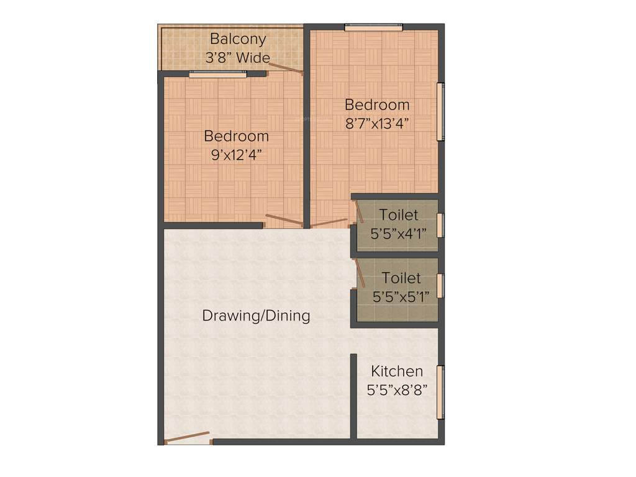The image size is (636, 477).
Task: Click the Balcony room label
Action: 238,39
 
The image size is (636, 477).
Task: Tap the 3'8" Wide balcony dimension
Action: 238,58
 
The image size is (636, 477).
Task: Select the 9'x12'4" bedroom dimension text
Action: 236,155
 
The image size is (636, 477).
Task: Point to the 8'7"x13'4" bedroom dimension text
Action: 377,123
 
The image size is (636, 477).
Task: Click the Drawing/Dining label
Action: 256,316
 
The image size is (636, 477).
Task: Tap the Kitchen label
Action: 397,371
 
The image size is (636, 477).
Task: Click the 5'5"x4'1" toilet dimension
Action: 398,234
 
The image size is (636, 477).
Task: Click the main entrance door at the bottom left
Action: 187,437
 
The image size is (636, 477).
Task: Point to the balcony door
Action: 286,68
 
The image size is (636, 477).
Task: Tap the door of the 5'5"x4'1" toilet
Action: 359,212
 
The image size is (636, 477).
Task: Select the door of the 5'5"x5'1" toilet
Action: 359,273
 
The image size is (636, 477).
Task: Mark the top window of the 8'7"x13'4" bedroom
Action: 373,27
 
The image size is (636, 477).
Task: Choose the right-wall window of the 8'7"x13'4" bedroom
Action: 440,112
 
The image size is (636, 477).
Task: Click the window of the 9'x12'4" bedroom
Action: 217,74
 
